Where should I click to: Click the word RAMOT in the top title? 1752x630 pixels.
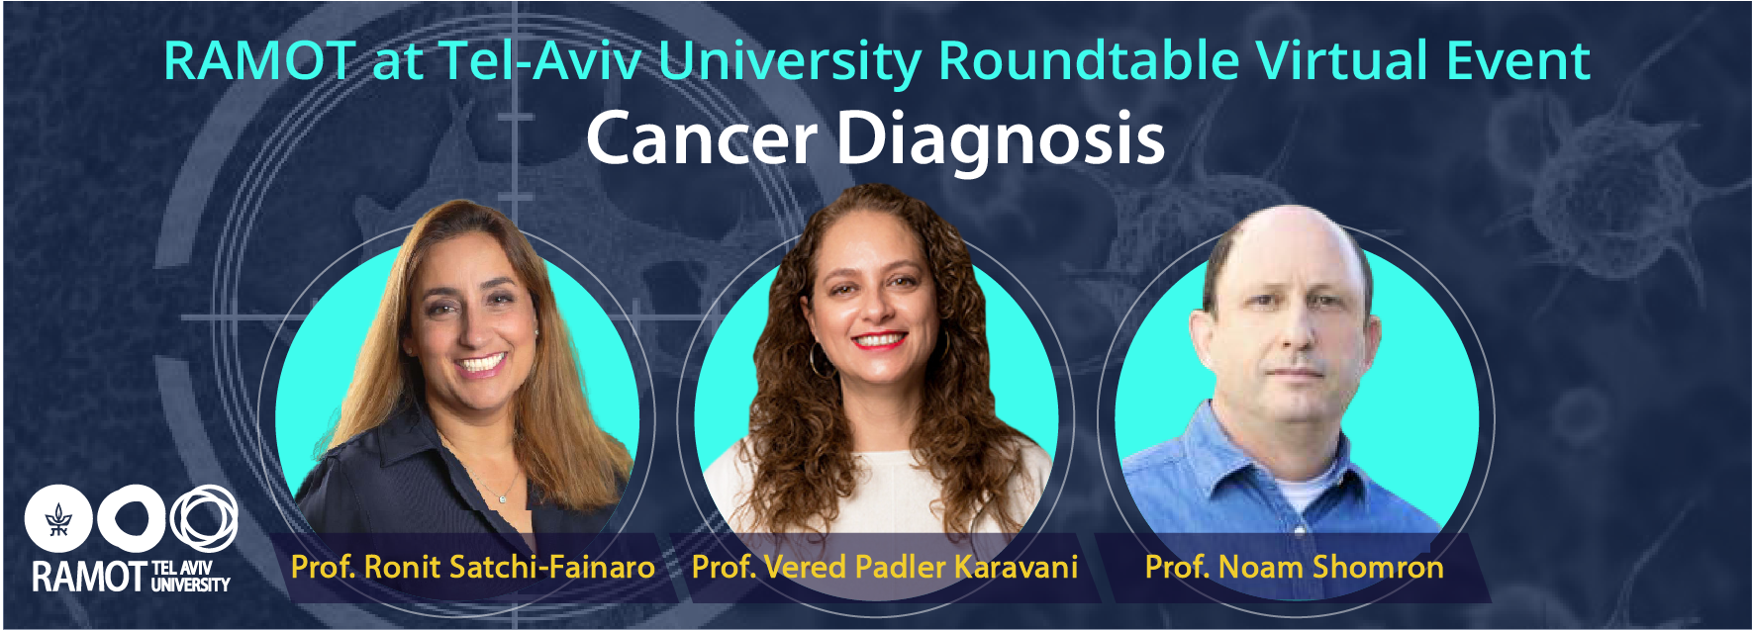259,60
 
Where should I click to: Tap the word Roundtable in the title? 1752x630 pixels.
1089,60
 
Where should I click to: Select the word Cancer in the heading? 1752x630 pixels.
702,137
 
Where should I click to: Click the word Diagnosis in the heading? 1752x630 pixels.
1001,140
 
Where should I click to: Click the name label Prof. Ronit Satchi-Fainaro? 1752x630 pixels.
473,567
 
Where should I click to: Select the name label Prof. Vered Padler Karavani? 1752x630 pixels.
885,567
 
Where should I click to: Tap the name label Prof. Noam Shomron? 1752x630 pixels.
1294,567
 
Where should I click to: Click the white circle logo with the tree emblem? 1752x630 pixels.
58,519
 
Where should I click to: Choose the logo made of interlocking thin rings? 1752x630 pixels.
204,518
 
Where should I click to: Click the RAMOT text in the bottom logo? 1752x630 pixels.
89,577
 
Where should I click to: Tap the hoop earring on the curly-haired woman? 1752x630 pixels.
821,357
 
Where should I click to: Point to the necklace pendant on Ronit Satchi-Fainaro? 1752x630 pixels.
502,498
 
